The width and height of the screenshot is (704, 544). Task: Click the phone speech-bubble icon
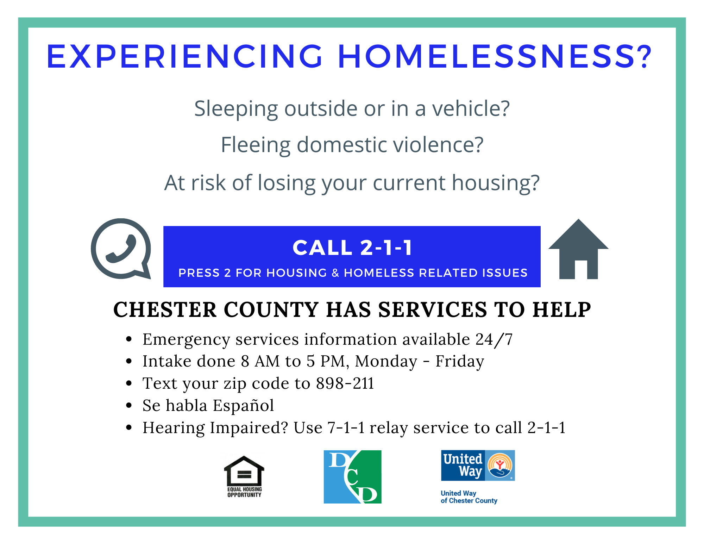121,249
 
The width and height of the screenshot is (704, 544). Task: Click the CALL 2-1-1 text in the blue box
352,248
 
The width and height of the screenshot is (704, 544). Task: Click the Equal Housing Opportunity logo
244,476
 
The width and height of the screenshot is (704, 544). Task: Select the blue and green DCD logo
352,476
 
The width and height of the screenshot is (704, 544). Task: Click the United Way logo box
478,465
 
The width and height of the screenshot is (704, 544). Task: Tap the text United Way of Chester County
469,497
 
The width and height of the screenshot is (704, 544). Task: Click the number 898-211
345,383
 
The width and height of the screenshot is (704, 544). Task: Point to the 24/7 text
494,340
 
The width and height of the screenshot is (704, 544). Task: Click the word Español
243,406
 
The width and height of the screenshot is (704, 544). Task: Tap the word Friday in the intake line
460,361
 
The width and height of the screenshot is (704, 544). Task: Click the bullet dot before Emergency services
129,339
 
